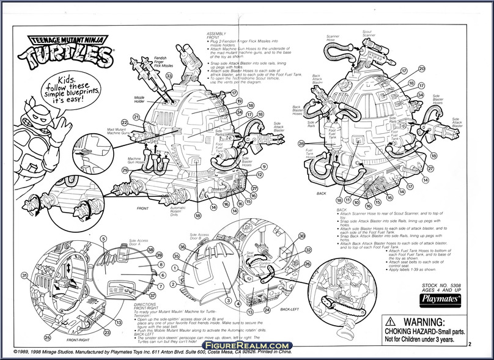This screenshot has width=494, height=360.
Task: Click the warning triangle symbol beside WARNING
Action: [x=389, y=323]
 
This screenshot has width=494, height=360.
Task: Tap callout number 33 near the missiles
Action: [x=169, y=76]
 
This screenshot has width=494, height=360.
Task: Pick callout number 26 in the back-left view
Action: [x=308, y=265]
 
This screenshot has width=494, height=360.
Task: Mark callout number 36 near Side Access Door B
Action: [x=182, y=247]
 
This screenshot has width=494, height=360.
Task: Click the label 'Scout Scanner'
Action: [x=369, y=33]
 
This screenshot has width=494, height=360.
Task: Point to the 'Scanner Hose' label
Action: [x=333, y=39]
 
